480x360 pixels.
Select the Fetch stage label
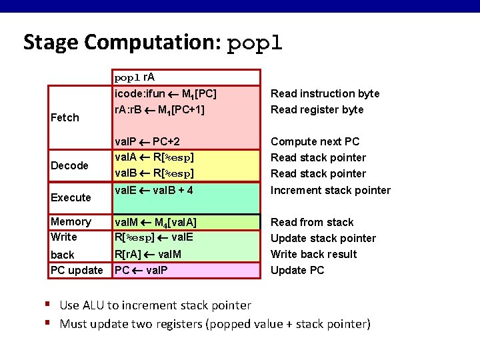[65, 117]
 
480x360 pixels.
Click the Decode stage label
[69, 165]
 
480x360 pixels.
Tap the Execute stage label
[71, 197]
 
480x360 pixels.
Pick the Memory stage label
[71, 221]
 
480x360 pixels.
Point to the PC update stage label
[77, 270]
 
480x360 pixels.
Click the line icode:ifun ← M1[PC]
[165, 93]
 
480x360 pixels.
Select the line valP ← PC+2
[147, 141]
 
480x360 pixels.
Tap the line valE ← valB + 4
[154, 190]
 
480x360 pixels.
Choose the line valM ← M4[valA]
[155, 222]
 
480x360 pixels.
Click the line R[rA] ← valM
[147, 254]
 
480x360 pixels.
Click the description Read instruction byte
[325, 93]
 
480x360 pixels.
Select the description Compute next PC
[315, 141]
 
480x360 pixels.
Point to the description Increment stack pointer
[330, 190]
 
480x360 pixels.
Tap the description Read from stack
[312, 222]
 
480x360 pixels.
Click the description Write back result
[313, 254]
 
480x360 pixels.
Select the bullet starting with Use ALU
[155, 305]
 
